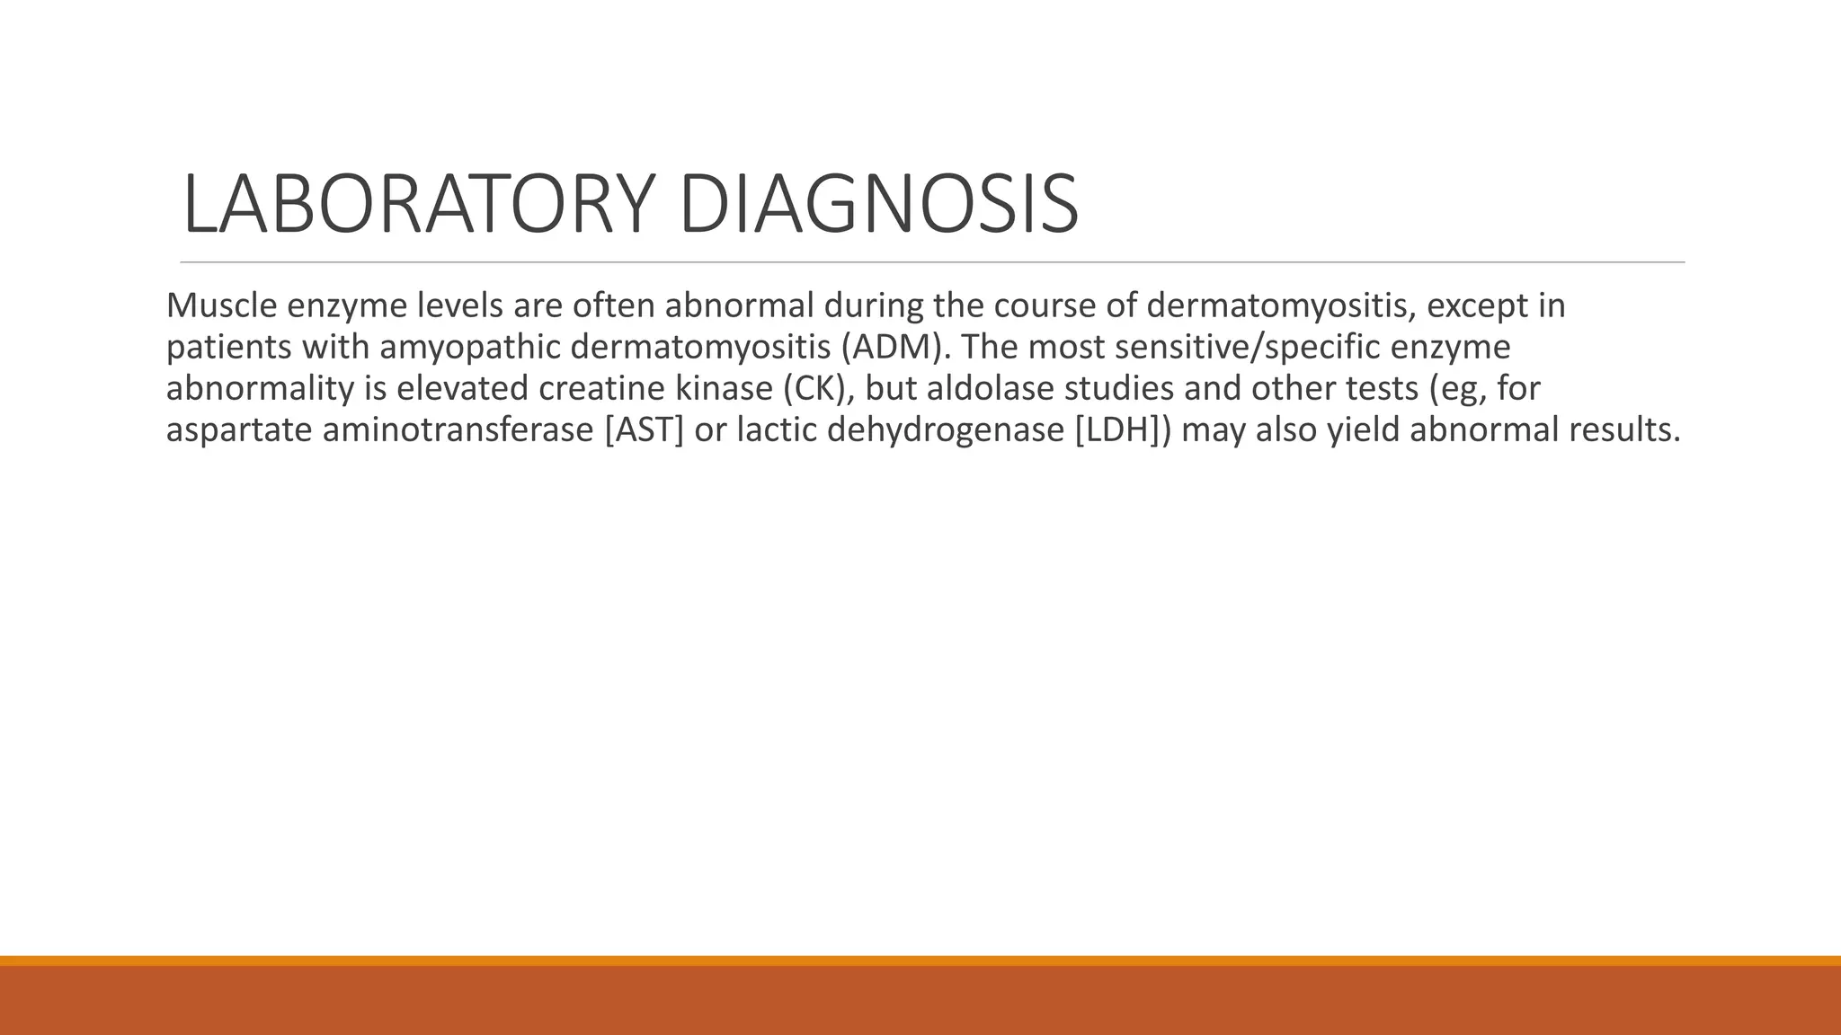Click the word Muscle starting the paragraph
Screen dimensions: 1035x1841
point(221,306)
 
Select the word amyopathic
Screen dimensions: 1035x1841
point(467,348)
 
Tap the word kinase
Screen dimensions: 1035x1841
point(725,389)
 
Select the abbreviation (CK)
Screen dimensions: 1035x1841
point(818,389)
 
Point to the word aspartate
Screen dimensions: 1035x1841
point(239,430)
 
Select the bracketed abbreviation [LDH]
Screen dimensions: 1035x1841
point(1121,430)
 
